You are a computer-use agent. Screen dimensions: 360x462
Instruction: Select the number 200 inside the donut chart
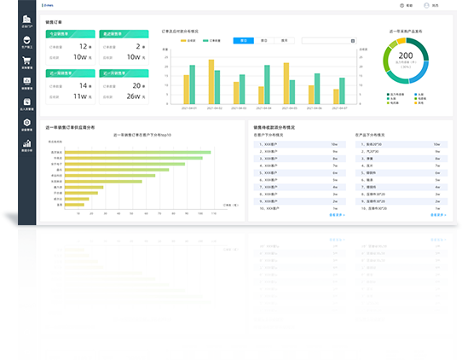[x=407, y=56]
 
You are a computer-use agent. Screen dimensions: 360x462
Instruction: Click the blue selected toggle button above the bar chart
[x=244, y=40]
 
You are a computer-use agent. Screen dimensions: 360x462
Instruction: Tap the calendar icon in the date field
[x=352, y=40]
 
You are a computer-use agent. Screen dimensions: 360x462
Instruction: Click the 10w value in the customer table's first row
[x=334, y=145]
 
